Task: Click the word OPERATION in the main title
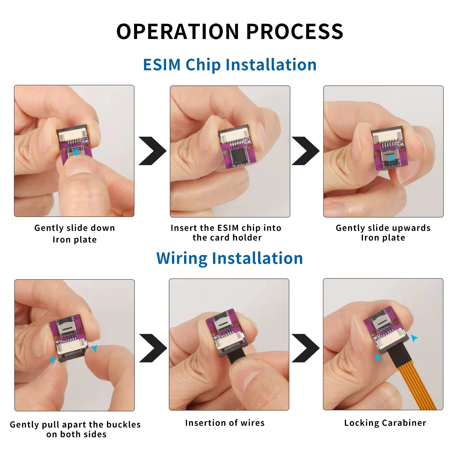(x=177, y=32)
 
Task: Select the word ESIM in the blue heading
(x=162, y=65)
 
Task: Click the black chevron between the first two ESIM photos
(x=153, y=151)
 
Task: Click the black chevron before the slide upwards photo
(x=306, y=151)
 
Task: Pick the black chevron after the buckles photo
(x=153, y=348)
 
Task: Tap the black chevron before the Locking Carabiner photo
(x=306, y=348)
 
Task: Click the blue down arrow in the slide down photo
(x=75, y=153)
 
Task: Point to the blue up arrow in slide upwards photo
(x=391, y=157)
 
